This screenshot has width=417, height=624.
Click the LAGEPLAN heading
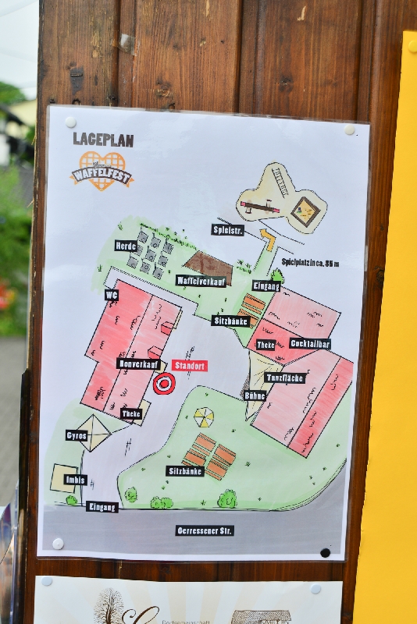tap(103, 140)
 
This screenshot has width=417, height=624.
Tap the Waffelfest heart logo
tap(102, 170)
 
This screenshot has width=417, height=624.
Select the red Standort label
tap(190, 365)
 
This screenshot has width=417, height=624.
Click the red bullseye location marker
tap(164, 383)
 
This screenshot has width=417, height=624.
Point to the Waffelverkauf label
tap(201, 281)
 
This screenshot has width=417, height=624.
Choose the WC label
tap(112, 295)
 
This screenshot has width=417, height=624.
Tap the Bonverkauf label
tap(139, 363)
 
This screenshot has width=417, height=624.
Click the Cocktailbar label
tap(310, 343)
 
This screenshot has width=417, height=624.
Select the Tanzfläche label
tap(284, 378)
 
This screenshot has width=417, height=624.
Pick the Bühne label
tap(255, 395)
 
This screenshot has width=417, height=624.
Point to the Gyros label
tap(77, 435)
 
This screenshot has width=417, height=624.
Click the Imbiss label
tap(77, 480)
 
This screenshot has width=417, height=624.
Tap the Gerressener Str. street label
tap(205, 530)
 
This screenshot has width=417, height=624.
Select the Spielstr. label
tap(228, 229)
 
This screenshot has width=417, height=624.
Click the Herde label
tap(126, 246)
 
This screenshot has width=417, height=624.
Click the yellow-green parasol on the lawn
tap(204, 417)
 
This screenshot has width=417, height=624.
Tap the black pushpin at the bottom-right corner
tap(326, 553)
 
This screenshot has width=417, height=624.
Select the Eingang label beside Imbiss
tap(102, 506)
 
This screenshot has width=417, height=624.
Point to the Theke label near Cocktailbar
tap(266, 344)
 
